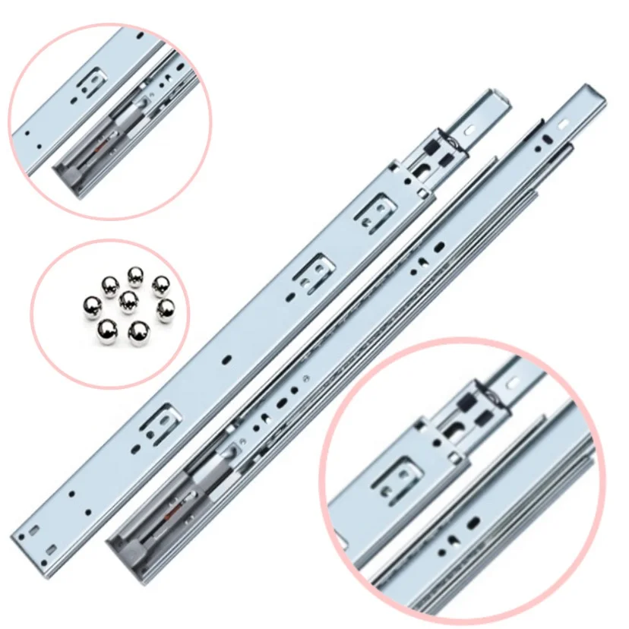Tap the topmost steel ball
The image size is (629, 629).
tap(135, 275)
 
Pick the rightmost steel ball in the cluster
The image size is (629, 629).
tap(167, 311)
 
